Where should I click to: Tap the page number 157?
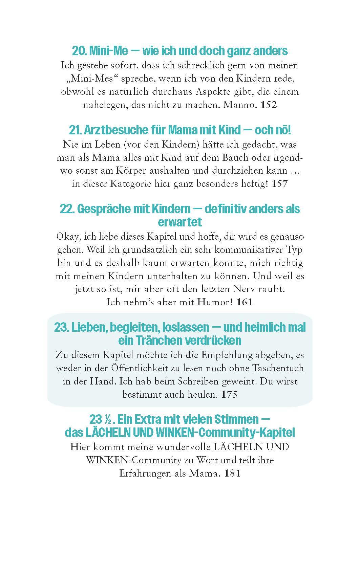tap(279, 184)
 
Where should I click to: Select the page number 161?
tap(245, 302)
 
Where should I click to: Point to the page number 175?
tap(229, 394)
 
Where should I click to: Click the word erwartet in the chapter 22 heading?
tap(180, 222)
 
